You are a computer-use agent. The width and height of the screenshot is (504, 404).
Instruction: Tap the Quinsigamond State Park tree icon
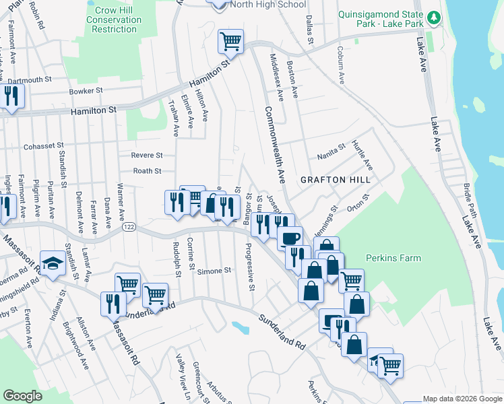pyautogui.click(x=435, y=17)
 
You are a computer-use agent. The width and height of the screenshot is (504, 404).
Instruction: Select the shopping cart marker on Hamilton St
pyautogui.click(x=230, y=42)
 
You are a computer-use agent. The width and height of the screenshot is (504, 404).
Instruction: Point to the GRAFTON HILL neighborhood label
pyautogui.click(x=336, y=180)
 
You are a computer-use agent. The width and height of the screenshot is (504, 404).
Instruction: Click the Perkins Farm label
pyautogui.click(x=393, y=258)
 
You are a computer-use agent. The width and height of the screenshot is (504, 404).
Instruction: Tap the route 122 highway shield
pyautogui.click(x=127, y=228)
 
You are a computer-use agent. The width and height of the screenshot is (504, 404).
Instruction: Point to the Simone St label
pyautogui.click(x=214, y=271)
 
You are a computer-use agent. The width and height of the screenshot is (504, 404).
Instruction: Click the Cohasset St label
pyautogui.click(x=43, y=145)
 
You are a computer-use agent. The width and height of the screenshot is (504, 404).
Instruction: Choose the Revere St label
pyautogui.click(x=147, y=155)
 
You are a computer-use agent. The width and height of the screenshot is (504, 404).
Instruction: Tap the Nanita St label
pyautogui.click(x=332, y=147)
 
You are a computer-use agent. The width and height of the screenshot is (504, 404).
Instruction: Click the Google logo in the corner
pyautogui.click(x=22, y=396)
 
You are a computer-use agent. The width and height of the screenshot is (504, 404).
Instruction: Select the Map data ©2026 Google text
pyautogui.click(x=462, y=399)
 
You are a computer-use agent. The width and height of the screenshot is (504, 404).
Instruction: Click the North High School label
pyautogui.click(x=267, y=4)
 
